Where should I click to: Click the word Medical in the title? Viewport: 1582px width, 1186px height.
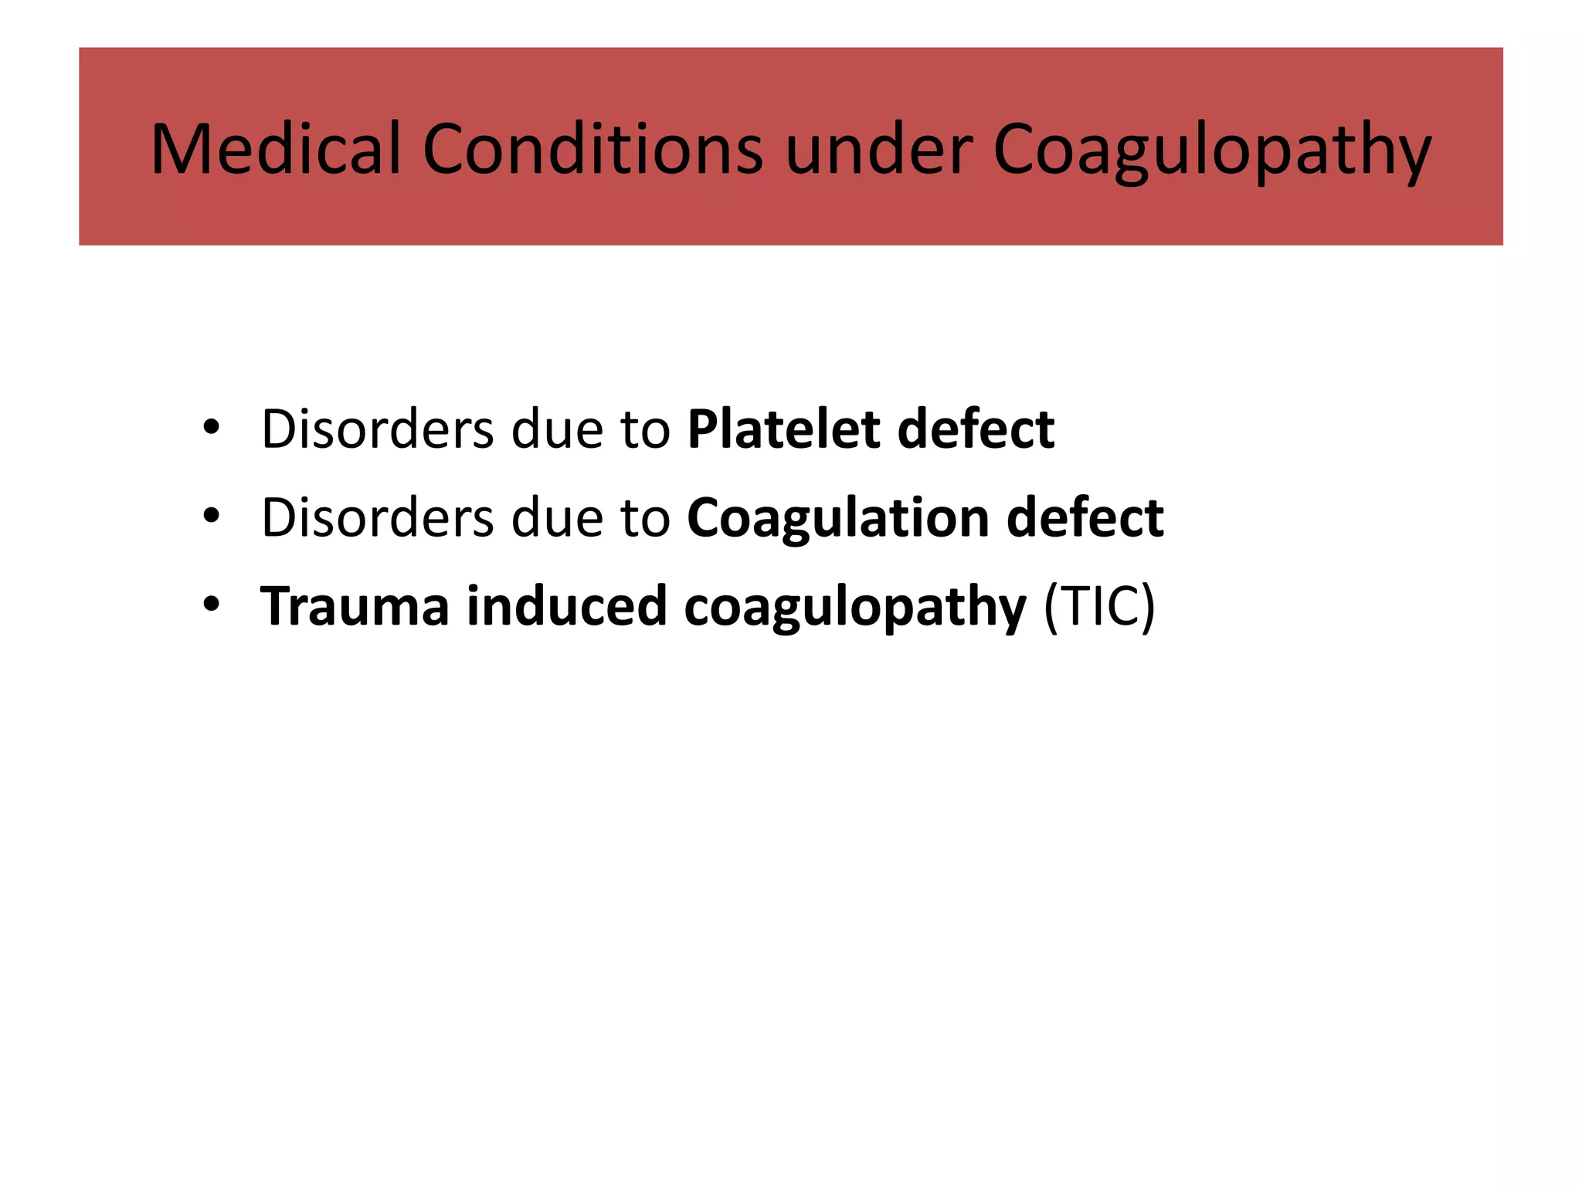tap(276, 148)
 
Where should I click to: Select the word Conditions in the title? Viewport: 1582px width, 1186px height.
tap(592, 148)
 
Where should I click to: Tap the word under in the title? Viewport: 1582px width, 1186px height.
tap(879, 148)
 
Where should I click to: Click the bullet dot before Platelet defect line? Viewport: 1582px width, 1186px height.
tap(211, 427)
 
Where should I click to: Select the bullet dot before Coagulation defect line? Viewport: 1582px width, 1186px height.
tap(211, 516)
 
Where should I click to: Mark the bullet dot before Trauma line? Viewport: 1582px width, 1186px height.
tap(211, 605)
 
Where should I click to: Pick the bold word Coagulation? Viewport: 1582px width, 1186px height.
tap(838, 518)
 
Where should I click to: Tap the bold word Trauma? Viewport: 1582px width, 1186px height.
tap(355, 606)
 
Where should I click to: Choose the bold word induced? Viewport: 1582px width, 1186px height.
tap(566, 606)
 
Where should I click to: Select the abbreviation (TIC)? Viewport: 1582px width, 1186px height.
tap(1099, 607)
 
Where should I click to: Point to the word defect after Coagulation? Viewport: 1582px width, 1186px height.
tap(1085, 517)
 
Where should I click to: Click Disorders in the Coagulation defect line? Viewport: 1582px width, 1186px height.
tap(377, 517)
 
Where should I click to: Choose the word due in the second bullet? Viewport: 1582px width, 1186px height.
tap(556, 517)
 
